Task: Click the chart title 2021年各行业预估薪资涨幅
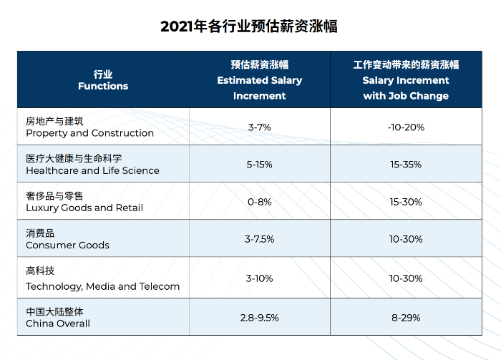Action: click(250, 26)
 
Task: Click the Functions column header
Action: click(103, 80)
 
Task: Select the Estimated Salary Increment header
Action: click(259, 80)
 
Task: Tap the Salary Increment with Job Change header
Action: click(406, 80)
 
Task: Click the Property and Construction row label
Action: click(89, 127)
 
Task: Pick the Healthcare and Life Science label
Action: click(92, 165)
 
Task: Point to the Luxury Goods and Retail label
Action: click(84, 202)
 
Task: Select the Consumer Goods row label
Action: click(67, 239)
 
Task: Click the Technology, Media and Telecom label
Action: click(102, 279)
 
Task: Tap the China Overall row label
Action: click(58, 317)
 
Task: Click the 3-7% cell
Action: click(259, 127)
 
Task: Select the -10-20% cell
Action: click(406, 127)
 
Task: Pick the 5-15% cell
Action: click(259, 165)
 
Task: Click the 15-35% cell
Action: click(406, 165)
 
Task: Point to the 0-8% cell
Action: click(259, 202)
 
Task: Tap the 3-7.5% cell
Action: click(259, 239)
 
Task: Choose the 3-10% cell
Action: click(259, 278)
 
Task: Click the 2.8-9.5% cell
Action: click(259, 317)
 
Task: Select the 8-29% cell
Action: click(406, 317)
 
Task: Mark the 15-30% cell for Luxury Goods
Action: click(406, 202)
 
